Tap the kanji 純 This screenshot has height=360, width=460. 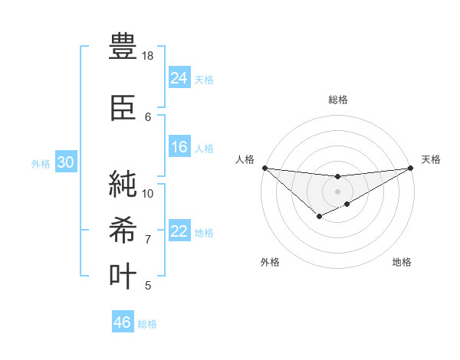tap(123, 184)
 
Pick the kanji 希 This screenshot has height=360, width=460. tap(123, 231)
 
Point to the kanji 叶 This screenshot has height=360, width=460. tap(123, 277)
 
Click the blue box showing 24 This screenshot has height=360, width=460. tap(179, 77)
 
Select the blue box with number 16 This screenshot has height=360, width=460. tap(179, 147)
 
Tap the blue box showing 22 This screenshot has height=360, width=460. tap(179, 231)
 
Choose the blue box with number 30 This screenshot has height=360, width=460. tap(64, 162)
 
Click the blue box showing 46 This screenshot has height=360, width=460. tap(123, 322)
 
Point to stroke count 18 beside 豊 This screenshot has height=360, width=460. tap(148, 56)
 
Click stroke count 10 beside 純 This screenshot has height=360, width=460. tap(148, 193)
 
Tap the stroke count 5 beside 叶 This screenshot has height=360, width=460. tap(148, 286)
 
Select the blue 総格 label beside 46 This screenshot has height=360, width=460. tap(147, 324)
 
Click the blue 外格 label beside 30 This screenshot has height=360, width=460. tap(41, 163)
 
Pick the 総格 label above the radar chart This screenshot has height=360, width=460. tap(337, 100)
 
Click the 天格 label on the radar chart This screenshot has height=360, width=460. tap(431, 159)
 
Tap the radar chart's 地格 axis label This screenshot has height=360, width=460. tap(402, 262)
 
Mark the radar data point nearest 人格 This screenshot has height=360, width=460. tap(264, 168)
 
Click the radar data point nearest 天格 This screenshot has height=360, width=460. tap(410, 168)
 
